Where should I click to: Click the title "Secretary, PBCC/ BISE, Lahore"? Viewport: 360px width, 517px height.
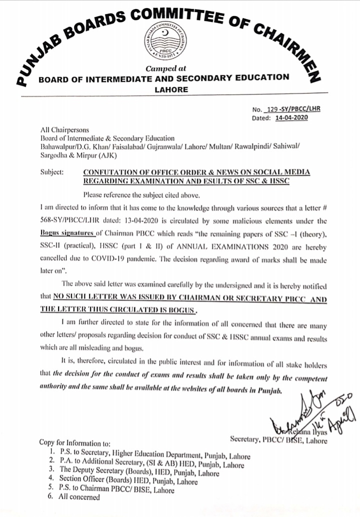click(x=278, y=440)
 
